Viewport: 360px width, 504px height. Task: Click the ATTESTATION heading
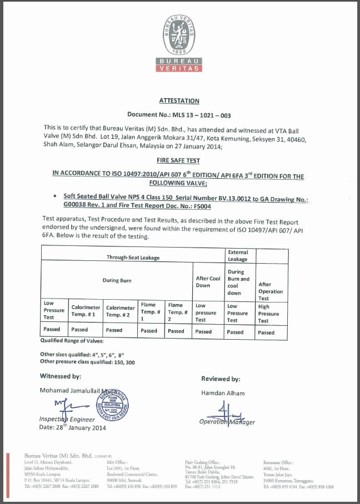[x=179, y=101]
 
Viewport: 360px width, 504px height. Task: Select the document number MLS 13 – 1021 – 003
[x=179, y=114]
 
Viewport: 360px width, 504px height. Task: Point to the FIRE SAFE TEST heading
[x=179, y=158]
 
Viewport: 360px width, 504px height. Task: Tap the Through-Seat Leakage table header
[x=133, y=258]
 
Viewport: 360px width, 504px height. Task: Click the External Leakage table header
[x=238, y=255]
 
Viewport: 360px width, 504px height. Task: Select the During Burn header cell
[x=117, y=280]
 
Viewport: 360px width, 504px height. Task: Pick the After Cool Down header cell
[x=208, y=281]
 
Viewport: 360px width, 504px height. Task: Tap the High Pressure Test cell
[x=271, y=313]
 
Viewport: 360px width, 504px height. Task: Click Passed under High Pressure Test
[x=266, y=332]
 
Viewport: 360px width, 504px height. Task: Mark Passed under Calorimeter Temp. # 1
[x=79, y=330]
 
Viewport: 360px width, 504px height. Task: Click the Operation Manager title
[x=227, y=422]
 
